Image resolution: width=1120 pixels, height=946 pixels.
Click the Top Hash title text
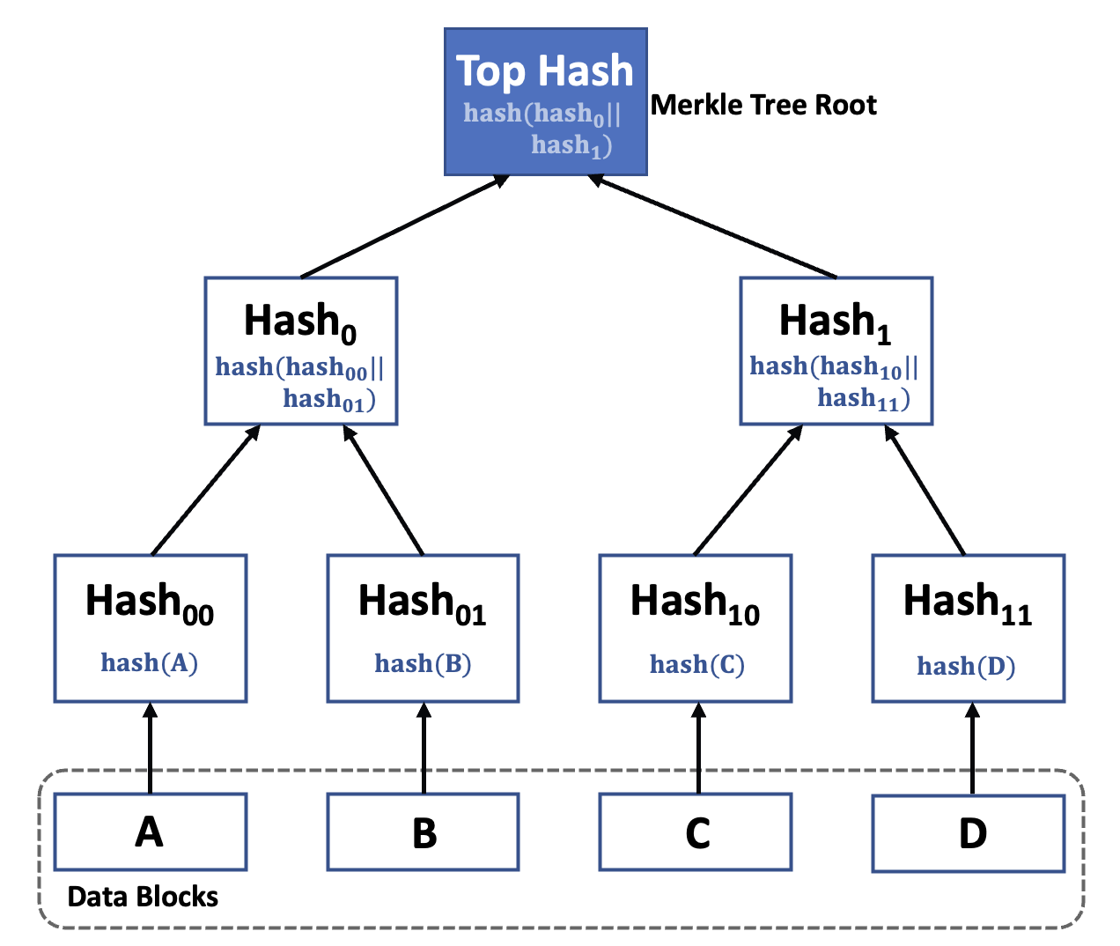544,71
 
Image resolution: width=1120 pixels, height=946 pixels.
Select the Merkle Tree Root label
763,105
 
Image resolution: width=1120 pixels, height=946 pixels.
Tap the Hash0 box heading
299,321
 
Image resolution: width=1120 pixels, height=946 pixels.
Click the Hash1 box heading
835,321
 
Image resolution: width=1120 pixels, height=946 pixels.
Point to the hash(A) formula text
150,662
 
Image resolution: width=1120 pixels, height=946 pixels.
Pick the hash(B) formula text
423,663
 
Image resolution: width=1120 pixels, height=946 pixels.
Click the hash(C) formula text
696,664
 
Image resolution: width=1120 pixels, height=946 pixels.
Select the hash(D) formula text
966,666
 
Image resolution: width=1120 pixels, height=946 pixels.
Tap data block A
150,831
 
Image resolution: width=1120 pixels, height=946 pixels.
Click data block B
424,832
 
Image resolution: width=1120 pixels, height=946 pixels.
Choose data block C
696,832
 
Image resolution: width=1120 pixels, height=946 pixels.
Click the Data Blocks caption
143,897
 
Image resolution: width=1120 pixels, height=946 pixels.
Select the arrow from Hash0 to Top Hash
405,226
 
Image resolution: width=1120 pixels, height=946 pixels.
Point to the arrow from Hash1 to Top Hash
713,226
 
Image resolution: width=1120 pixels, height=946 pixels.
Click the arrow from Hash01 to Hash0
384,491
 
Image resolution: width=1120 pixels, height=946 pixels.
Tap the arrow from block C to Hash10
698,749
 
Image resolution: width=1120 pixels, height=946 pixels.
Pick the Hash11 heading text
967,603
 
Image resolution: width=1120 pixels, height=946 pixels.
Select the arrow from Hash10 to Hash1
748,491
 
